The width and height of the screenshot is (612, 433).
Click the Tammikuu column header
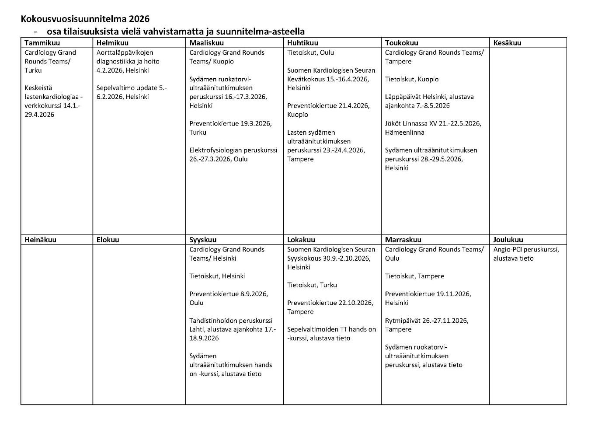click(42, 43)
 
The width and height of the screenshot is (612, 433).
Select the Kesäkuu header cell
click(507, 43)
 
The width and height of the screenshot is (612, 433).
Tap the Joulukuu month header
click(508, 240)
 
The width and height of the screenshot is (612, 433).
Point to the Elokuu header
click(108, 240)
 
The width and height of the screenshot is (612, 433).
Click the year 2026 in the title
click(139, 19)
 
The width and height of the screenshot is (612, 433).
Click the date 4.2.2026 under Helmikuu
click(110, 70)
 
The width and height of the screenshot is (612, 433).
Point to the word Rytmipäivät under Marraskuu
click(403, 321)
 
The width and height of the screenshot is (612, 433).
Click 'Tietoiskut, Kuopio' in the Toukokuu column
click(412, 79)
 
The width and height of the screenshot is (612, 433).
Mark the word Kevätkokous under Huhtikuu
click(306, 79)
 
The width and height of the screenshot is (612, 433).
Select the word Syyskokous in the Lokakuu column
click(304, 258)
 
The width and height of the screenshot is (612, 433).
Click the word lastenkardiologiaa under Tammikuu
click(52, 97)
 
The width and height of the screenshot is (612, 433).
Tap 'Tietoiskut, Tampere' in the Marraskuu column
click(414, 276)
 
